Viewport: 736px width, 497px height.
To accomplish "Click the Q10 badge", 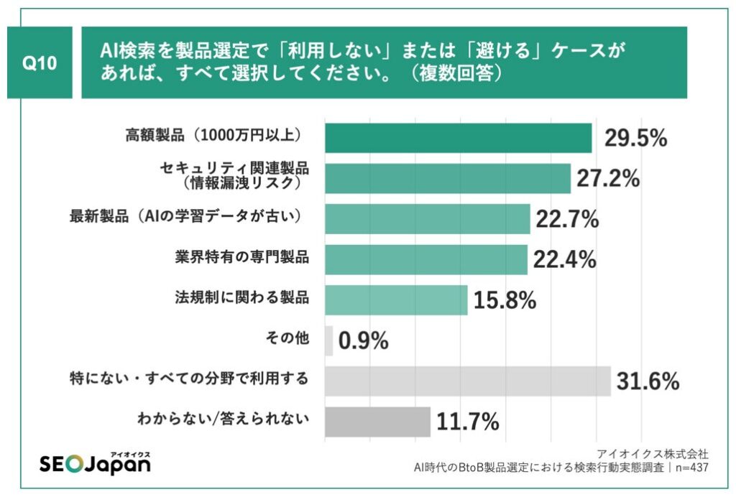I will coord(40,63).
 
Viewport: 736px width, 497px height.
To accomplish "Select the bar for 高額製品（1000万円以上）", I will coord(458,138).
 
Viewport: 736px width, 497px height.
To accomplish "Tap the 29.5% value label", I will coord(635,138).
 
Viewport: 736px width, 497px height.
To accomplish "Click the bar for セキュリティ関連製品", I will coord(447,178).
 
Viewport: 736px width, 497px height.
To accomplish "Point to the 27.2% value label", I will coord(608,178).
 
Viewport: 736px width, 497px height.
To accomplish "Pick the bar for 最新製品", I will coord(427,219).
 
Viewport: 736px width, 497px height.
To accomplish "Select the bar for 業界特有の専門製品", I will coord(425,259).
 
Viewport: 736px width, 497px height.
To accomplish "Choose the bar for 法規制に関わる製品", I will coord(396,300).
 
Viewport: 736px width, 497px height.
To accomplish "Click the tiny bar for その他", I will coord(328,340).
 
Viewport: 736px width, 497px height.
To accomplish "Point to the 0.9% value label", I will coord(363,341).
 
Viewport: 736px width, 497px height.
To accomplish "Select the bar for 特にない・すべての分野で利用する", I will coord(467,381).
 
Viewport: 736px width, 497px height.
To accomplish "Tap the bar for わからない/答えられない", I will coord(377,422).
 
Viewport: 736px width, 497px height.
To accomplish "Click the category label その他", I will coord(291,338).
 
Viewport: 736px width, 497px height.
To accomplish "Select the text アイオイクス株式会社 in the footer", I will coord(653,454).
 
